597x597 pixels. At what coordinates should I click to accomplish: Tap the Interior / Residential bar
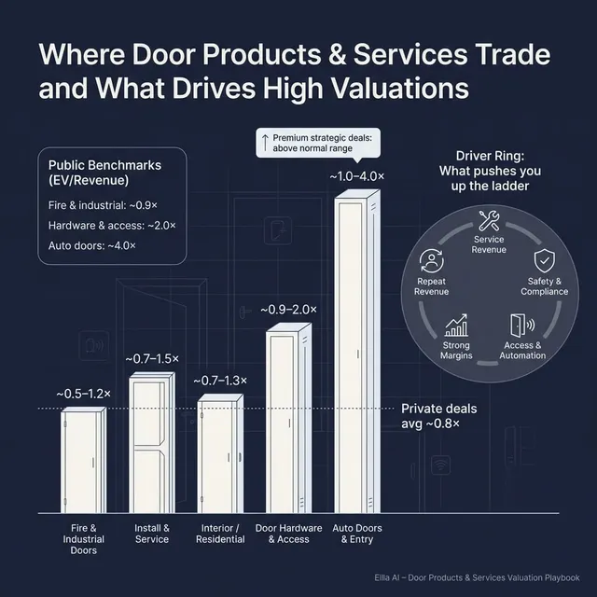(x=220, y=454)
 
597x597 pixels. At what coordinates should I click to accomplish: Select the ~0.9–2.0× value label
(x=288, y=309)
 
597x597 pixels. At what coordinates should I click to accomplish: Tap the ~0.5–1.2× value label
(x=82, y=394)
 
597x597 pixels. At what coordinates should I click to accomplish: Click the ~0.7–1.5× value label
(x=153, y=358)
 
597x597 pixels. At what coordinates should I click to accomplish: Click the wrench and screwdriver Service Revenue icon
(x=489, y=222)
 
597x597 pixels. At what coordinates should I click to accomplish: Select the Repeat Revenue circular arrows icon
(x=431, y=260)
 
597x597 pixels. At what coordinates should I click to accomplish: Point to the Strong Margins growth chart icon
(x=456, y=326)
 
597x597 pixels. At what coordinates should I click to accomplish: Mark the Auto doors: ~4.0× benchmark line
(x=91, y=245)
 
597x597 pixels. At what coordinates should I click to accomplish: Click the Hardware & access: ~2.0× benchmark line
(x=111, y=226)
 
